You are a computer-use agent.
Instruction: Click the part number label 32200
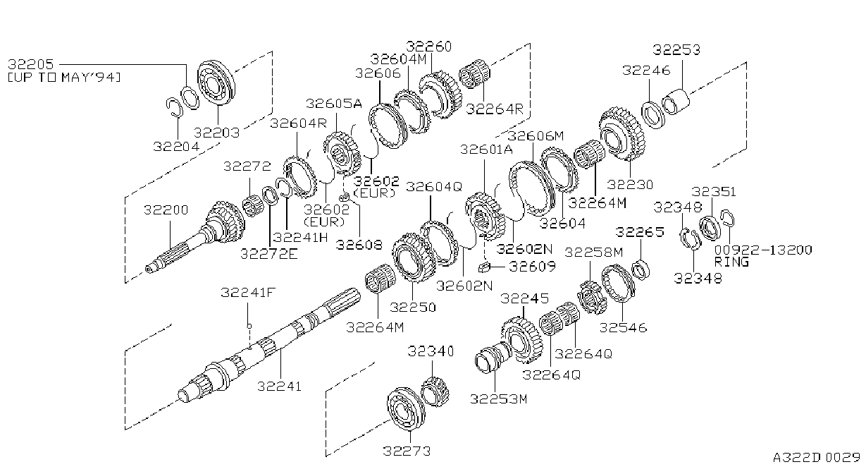pyautogui.click(x=166, y=210)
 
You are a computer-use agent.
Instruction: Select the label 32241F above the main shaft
pyautogui.click(x=248, y=293)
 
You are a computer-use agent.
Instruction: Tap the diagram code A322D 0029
pyautogui.click(x=817, y=458)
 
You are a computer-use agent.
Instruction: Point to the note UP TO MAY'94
pyautogui.click(x=64, y=78)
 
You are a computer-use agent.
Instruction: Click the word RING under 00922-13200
pyautogui.click(x=731, y=262)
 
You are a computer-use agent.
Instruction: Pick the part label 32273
pyautogui.click(x=407, y=451)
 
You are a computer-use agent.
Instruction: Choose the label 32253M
pyautogui.click(x=498, y=399)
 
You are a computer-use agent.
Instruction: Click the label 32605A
pyautogui.click(x=334, y=103)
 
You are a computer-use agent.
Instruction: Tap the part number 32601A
pyautogui.click(x=486, y=149)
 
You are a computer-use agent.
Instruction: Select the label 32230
pyautogui.click(x=630, y=184)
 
